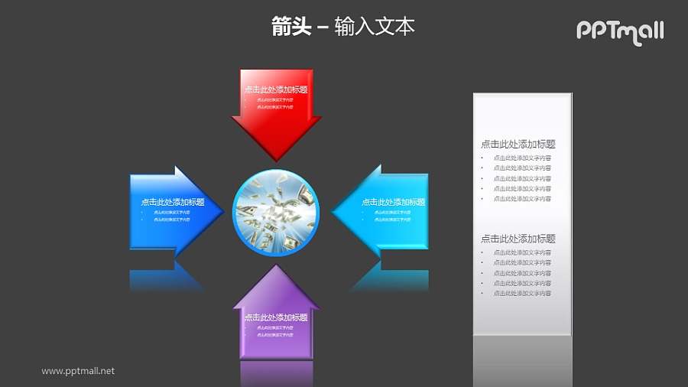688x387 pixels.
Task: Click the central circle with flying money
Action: coord(275,211)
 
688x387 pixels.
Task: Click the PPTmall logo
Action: coord(619,31)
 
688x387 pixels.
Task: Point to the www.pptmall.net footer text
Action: coord(78,371)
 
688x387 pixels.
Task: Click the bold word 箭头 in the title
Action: coord(291,27)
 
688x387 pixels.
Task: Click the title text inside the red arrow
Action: coord(276,89)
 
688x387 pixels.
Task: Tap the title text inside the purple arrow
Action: coord(276,317)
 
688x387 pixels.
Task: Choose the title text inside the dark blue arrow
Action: coord(173,203)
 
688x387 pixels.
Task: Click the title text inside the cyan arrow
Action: coord(393,203)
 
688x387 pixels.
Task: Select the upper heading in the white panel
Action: coord(518,144)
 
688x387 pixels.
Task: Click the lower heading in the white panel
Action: coord(518,239)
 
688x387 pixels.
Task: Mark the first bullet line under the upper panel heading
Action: coord(522,158)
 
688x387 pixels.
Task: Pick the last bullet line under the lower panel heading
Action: coord(522,294)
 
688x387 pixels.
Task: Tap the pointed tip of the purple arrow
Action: coord(276,266)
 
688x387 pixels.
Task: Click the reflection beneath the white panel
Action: coord(522,359)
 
